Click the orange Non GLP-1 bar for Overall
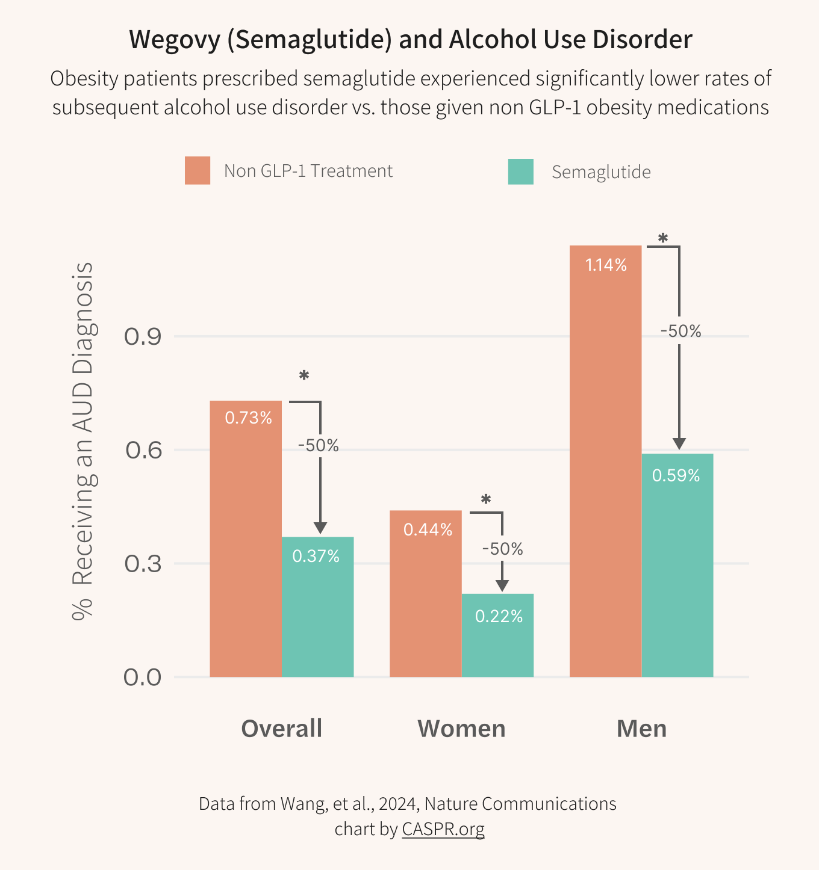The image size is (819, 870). point(246,541)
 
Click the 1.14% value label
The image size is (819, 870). point(606,265)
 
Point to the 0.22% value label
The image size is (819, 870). point(499,616)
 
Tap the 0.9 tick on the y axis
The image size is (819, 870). point(143,337)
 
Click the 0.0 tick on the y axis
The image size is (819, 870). point(143,677)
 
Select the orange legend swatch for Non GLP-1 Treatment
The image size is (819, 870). point(198,170)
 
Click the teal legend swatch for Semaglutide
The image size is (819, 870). point(520,171)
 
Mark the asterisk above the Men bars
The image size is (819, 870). point(663,238)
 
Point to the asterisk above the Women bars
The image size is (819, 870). point(486,499)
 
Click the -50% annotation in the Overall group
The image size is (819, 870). point(319,446)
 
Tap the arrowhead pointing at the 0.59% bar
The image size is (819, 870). point(679,444)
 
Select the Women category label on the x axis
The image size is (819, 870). point(461,729)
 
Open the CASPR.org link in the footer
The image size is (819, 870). point(443,829)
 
